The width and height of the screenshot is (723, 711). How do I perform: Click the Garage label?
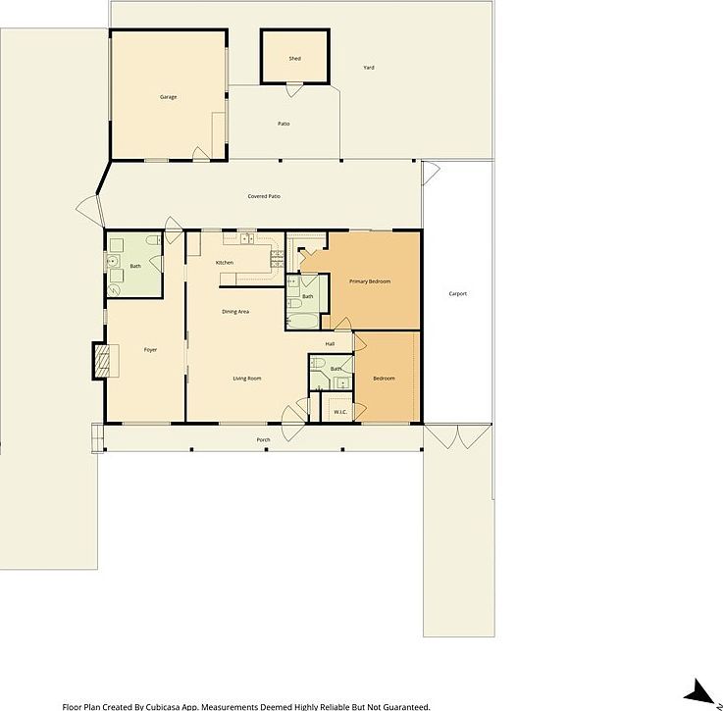click(x=168, y=97)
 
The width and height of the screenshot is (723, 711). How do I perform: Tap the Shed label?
click(x=294, y=59)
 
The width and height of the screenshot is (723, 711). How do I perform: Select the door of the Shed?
click(x=293, y=90)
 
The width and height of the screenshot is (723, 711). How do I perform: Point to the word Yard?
click(x=369, y=68)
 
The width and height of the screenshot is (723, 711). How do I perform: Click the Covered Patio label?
click(x=264, y=197)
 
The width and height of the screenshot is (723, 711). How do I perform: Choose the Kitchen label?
click(x=225, y=263)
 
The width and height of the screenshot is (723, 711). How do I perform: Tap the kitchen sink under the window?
click(x=244, y=238)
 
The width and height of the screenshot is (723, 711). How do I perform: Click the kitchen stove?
click(x=277, y=258)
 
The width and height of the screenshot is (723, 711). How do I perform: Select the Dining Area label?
click(x=234, y=312)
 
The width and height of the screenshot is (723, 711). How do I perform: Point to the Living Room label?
click(x=246, y=379)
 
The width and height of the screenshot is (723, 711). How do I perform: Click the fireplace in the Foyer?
click(x=101, y=360)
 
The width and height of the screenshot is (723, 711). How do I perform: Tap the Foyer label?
click(x=150, y=350)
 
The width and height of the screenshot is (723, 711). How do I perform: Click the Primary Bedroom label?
click(x=370, y=282)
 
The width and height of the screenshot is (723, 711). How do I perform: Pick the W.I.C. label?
click(x=340, y=412)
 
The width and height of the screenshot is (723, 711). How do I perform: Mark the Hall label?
click(x=330, y=344)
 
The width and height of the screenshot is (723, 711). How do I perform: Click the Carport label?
click(x=457, y=294)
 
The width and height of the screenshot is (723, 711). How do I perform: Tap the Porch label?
click(x=263, y=439)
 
